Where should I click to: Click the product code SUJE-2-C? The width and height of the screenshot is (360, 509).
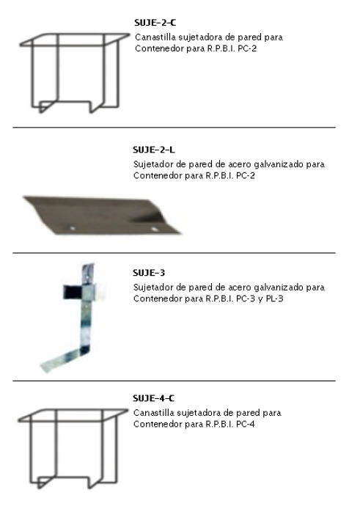click(155, 23)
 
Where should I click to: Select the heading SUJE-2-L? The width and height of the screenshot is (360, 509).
click(153, 150)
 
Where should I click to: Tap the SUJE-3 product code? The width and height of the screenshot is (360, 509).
click(149, 273)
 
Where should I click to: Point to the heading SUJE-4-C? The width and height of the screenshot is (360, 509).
click(153, 398)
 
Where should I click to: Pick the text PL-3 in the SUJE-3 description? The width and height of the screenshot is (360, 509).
click(274, 299)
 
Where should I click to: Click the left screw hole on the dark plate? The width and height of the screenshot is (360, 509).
click(73, 228)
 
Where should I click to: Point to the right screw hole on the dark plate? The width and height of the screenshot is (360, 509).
click(155, 229)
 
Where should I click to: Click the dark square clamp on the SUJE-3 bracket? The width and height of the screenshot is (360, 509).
click(73, 291)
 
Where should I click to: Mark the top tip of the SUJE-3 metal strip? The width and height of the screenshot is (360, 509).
click(90, 264)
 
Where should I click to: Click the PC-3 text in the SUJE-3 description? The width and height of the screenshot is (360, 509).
click(246, 299)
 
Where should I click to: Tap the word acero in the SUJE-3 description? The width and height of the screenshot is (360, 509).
click(238, 288)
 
